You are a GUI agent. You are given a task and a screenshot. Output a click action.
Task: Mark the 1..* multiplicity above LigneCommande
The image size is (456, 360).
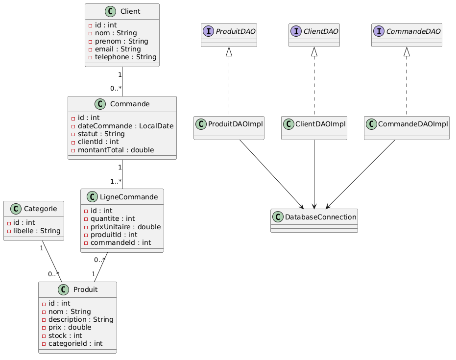[x=116, y=182]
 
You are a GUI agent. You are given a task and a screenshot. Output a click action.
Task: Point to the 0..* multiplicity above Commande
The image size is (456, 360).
[x=116, y=89]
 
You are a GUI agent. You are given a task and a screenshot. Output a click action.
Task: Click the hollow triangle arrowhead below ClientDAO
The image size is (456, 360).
[x=314, y=51]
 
